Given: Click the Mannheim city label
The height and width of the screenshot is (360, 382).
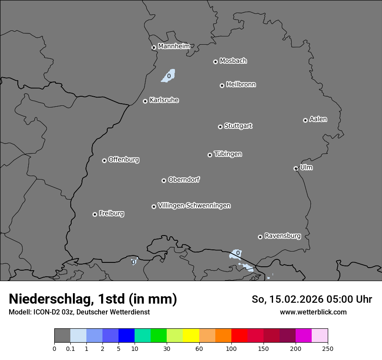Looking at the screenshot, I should click(x=174, y=46).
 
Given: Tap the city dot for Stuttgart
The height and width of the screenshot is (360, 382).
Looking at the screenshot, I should click(x=220, y=127).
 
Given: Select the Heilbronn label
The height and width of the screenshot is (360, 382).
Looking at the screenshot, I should click(x=241, y=85).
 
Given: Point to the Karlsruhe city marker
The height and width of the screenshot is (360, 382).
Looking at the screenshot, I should click(x=145, y=101).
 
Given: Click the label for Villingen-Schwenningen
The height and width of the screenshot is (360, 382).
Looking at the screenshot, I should click(x=194, y=206).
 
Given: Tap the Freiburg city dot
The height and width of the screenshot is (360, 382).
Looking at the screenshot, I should click(x=95, y=214).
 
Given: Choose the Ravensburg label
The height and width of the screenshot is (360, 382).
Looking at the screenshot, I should click(x=283, y=236).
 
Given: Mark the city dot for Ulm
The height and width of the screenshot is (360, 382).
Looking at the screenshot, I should click(x=296, y=168).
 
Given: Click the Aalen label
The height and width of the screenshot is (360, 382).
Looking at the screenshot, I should click(x=318, y=119).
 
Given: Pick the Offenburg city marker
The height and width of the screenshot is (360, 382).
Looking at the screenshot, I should click(x=104, y=160).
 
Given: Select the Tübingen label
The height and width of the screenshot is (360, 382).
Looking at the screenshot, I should click(x=228, y=154).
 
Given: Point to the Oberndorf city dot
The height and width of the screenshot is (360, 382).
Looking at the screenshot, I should click(x=164, y=180).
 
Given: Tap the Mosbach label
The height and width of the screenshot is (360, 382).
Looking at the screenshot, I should click(x=233, y=61).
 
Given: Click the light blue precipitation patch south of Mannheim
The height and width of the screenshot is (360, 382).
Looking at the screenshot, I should click(x=168, y=75).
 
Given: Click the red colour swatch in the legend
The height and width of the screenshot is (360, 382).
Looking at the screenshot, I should click(x=239, y=336).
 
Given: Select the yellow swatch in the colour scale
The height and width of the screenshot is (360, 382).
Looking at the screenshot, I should click(x=191, y=336).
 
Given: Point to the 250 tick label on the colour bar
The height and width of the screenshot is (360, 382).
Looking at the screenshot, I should click(x=328, y=348).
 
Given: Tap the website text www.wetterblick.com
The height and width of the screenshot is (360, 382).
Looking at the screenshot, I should click(x=313, y=312).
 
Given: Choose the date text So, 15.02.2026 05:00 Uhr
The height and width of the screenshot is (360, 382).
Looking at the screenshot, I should click(x=312, y=299).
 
